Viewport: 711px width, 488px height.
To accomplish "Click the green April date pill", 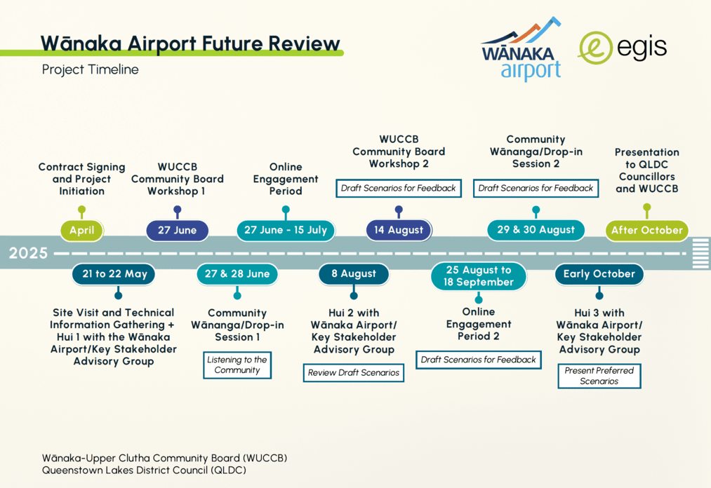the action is point(81,230).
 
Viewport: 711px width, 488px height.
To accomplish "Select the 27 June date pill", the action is point(178,230).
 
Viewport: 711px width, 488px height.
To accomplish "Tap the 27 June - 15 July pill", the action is point(286,230).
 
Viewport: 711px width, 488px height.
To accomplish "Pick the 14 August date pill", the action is point(399,230).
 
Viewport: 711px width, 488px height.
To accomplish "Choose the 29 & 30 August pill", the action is point(536,230).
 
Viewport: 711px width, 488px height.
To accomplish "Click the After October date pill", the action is point(647,230).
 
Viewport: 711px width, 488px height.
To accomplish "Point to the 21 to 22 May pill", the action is point(114,274).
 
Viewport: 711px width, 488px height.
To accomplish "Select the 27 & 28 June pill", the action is point(237,274).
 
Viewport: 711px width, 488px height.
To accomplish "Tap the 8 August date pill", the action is point(354,273).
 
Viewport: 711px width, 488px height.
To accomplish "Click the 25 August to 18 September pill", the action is point(479,276).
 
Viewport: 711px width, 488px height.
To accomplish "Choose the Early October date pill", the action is point(599,274).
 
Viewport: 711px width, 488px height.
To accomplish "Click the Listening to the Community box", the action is point(237,365).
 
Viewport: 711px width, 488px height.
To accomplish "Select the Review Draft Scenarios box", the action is point(354,373).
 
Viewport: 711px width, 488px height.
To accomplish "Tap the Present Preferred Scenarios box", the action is point(599,376).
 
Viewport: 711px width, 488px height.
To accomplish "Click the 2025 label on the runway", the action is point(28,253).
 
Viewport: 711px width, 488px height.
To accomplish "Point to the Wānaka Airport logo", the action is point(521,49).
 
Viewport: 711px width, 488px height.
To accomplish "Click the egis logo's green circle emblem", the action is point(594,48).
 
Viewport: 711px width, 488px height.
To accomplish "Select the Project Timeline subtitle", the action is point(91,69).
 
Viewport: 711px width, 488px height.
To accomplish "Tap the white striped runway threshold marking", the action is point(700,253).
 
